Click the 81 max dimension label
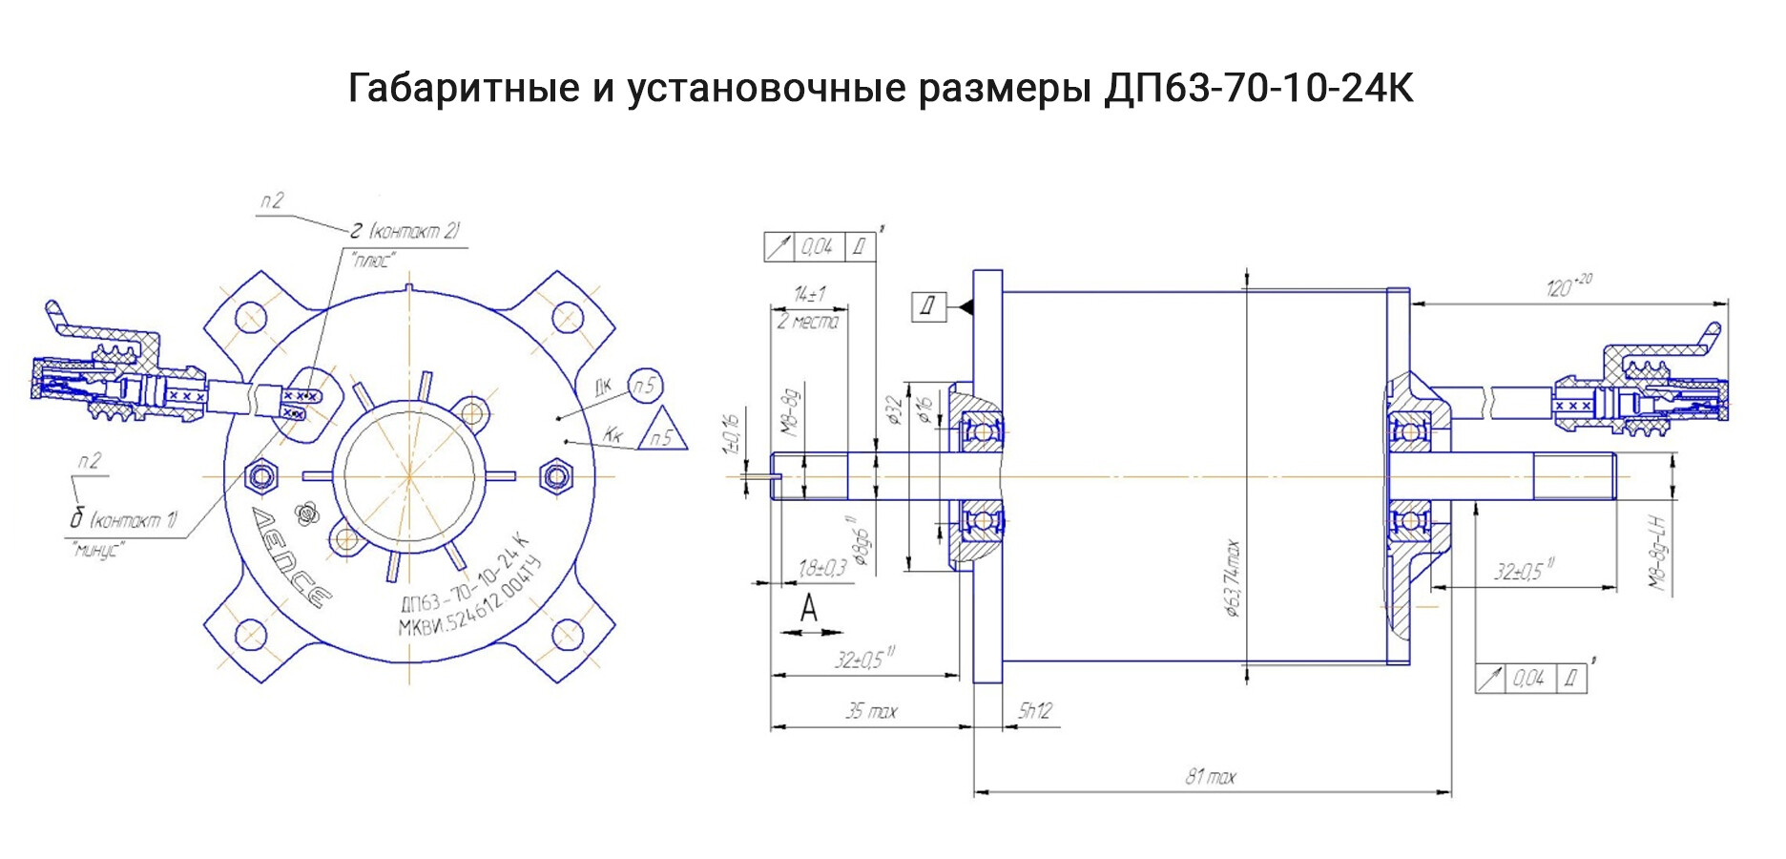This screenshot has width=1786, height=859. (x=1210, y=777)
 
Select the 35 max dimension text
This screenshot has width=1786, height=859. (x=871, y=711)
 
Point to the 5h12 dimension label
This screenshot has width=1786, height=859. (x=1034, y=711)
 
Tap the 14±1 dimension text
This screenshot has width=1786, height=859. (x=809, y=295)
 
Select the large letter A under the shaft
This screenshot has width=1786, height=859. (x=809, y=607)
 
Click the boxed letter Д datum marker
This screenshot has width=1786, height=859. (x=928, y=307)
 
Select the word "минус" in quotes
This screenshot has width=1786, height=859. (x=97, y=550)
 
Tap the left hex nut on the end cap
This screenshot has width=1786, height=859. (x=260, y=474)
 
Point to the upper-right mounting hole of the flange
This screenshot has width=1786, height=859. (x=567, y=314)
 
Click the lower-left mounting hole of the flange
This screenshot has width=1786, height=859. (x=249, y=634)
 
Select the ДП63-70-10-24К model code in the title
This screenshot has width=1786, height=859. (x=1258, y=89)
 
